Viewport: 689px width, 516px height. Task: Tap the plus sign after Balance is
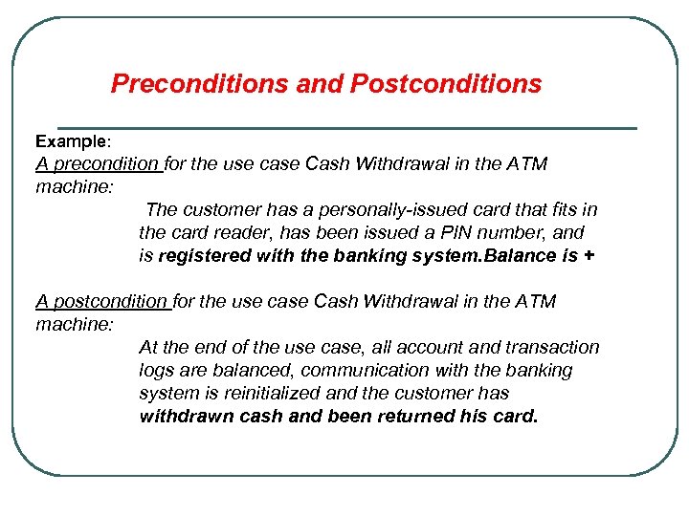pos(587,255)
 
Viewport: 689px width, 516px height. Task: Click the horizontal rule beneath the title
pos(346,127)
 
